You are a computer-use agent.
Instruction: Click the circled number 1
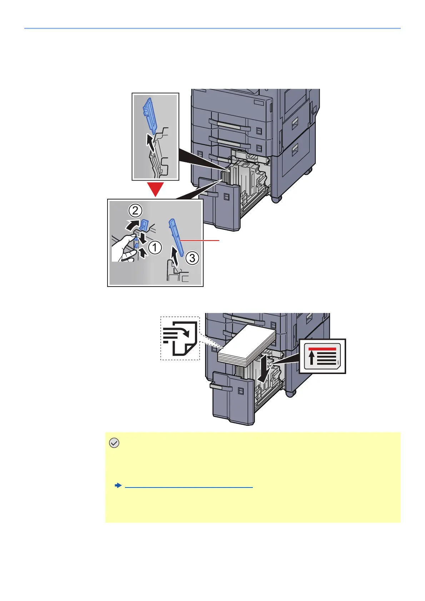coord(155,247)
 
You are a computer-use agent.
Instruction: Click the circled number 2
coord(135,211)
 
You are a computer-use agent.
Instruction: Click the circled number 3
coord(192,258)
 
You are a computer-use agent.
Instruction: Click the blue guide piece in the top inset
coord(150,116)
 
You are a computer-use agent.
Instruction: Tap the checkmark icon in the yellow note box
coord(114,443)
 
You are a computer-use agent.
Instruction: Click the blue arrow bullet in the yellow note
coord(118,486)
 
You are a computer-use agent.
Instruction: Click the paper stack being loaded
coord(246,348)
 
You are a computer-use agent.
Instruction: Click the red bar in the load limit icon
coord(322,349)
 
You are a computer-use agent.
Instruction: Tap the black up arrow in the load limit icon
coord(312,358)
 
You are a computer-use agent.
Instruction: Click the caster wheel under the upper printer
coord(276,198)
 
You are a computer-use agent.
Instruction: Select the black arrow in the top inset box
coord(152,143)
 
